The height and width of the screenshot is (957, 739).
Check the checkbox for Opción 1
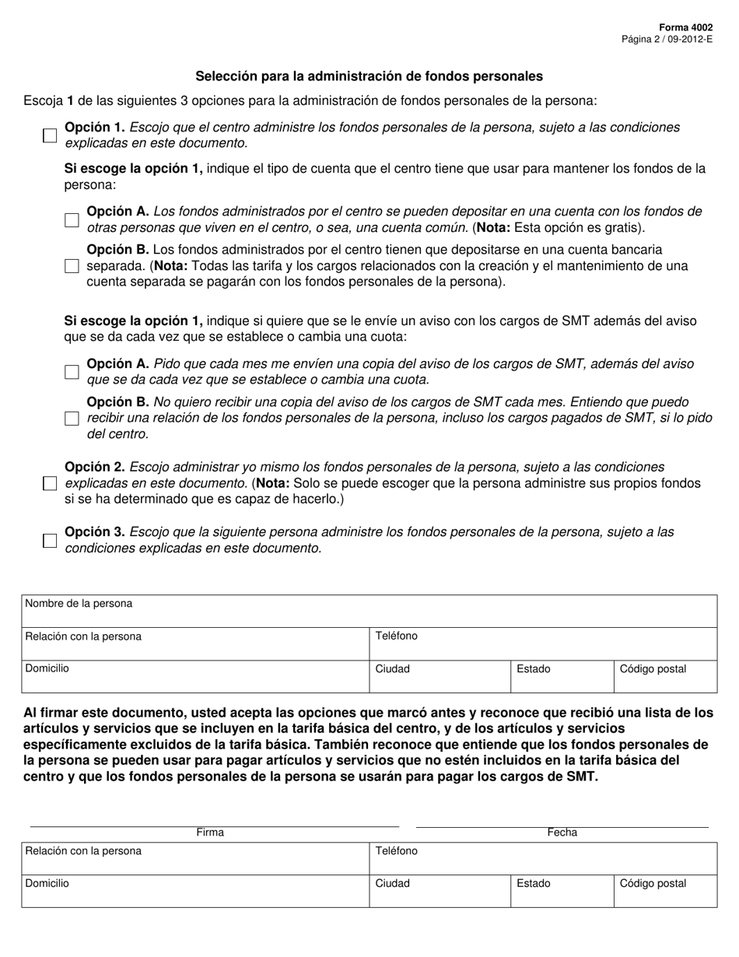pyautogui.click(x=50, y=135)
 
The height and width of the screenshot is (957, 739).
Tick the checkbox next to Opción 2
pyautogui.click(x=50, y=483)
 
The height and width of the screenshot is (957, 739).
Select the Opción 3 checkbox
pyautogui.click(x=50, y=541)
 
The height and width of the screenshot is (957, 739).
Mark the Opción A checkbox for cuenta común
pyautogui.click(x=72, y=220)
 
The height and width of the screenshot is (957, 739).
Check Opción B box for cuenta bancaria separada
pyautogui.click(x=72, y=266)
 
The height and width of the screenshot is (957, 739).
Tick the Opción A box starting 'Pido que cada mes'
pyautogui.click(x=72, y=372)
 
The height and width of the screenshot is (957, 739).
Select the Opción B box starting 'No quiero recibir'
pyautogui.click(x=72, y=419)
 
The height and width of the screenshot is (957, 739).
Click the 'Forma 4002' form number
pyautogui.click(x=687, y=26)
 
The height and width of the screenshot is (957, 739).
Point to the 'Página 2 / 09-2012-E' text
pyautogui.click(x=667, y=38)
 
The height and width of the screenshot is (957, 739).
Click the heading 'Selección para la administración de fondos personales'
pyautogui.click(x=369, y=76)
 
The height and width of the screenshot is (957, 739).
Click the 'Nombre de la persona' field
pyautogui.click(x=369, y=612)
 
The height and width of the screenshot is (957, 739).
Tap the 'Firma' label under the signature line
pyautogui.click(x=210, y=833)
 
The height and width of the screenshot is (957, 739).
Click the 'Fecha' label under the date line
pyautogui.click(x=562, y=833)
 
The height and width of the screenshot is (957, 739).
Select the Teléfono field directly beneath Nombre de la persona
pyautogui.click(x=542, y=644)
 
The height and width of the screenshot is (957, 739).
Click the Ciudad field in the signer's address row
pyautogui.click(x=440, y=892)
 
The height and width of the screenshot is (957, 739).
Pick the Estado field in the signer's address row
pyautogui.click(x=562, y=892)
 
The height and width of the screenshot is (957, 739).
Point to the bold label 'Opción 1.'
pyautogui.click(x=94, y=128)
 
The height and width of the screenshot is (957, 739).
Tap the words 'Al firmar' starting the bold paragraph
pyautogui.click(x=49, y=713)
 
